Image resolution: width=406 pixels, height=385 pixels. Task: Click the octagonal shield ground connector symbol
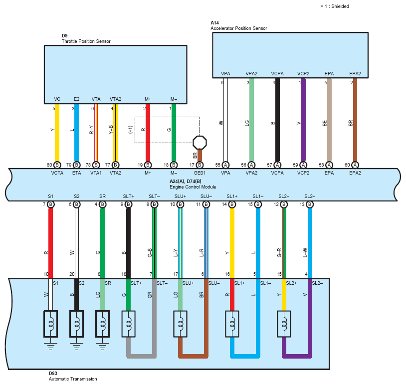click(x=200, y=143)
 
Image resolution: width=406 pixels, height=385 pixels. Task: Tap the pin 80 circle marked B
click(x=57, y=165)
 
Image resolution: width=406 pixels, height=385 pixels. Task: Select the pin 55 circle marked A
click(x=225, y=165)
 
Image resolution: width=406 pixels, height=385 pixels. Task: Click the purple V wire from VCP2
click(x=303, y=120)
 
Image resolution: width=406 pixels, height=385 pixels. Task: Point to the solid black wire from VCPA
click(x=277, y=120)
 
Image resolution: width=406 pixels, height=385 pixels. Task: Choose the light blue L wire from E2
click(x=76, y=133)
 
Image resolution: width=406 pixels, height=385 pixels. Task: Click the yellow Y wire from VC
click(x=57, y=133)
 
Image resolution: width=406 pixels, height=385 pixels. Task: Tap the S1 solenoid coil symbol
click(x=50, y=324)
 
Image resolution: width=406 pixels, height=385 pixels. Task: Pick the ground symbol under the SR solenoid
click(x=103, y=347)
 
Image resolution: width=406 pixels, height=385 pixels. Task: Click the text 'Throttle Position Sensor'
click(x=86, y=41)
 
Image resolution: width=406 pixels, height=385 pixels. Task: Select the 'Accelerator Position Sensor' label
click(x=239, y=28)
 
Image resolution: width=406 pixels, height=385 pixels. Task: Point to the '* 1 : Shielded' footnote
click(x=335, y=6)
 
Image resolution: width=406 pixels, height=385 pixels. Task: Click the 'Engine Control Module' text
click(x=193, y=187)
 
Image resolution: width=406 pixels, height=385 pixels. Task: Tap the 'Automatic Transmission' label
click(x=73, y=379)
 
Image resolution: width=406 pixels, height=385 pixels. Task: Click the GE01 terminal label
click(x=200, y=173)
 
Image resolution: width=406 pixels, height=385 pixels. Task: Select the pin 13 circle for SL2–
click(x=310, y=204)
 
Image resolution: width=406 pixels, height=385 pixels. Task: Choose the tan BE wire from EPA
click(x=329, y=120)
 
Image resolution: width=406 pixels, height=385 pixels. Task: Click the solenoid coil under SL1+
click(x=232, y=324)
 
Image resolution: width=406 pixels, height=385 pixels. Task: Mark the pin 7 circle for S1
click(x=50, y=204)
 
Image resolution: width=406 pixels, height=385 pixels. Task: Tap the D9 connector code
click(x=64, y=36)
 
